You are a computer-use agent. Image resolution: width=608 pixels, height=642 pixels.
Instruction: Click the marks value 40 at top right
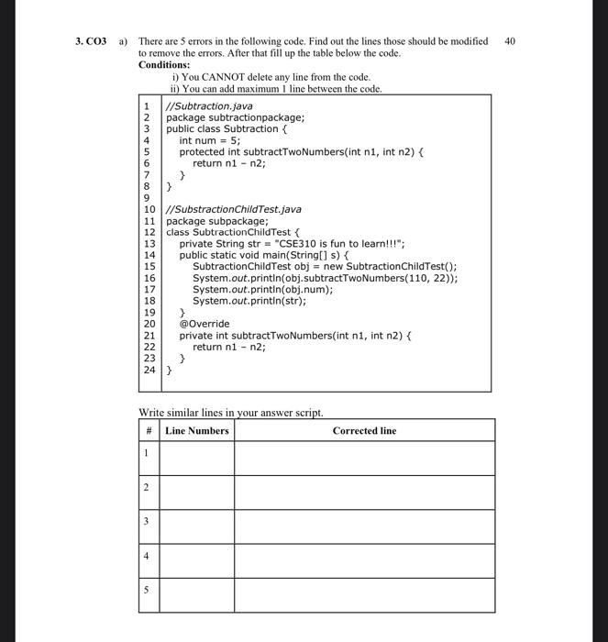[511, 42]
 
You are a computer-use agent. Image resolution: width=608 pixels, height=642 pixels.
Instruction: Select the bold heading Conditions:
[164, 65]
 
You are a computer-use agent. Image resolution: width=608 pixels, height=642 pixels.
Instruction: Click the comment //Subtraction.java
[209, 106]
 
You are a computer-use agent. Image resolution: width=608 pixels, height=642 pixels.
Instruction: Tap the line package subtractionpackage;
[235, 117]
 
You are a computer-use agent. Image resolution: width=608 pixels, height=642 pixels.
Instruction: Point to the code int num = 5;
[210, 140]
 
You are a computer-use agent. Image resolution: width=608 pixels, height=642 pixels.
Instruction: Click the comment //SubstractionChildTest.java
[227, 210]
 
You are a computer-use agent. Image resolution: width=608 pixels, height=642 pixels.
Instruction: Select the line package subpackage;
[216, 221]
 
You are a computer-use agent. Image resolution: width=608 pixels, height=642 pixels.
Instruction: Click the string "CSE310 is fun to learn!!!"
[352, 244]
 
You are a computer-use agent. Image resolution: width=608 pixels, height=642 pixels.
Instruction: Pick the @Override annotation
[205, 324]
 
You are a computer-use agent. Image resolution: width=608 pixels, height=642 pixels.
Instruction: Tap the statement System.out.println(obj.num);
[261, 289]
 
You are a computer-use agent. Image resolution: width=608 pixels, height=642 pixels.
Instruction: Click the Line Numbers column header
[197, 430]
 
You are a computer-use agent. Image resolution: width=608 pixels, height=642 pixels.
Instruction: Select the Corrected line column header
[364, 430]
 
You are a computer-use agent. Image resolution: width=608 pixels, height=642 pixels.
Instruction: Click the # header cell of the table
[148, 430]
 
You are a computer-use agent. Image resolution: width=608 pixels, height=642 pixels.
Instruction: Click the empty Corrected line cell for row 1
[364, 456]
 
